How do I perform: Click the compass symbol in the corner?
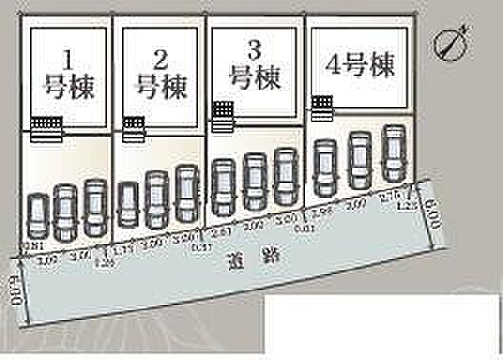(x=448, y=43)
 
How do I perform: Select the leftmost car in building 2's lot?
(x=129, y=204)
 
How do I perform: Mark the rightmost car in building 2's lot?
(x=186, y=191)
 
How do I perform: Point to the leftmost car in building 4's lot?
(x=325, y=166)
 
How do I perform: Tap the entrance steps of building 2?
(x=132, y=126)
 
